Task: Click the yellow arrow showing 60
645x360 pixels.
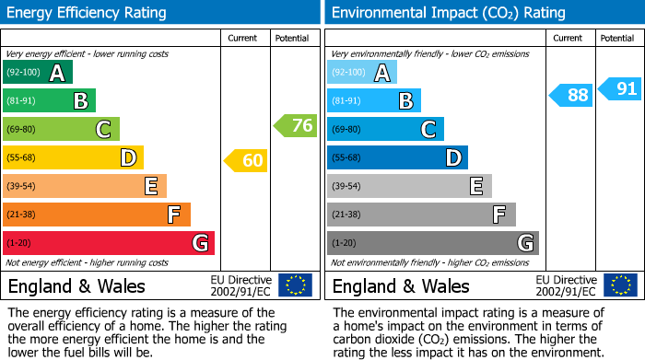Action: pos(246,160)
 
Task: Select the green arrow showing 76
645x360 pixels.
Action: pos(295,125)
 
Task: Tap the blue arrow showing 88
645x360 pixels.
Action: pos(570,96)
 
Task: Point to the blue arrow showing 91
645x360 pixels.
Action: pos(619,88)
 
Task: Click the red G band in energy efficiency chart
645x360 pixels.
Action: pos(109,243)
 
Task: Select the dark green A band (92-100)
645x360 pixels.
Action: pos(38,72)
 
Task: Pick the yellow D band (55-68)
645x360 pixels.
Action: pos(73,157)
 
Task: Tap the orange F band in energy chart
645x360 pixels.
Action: pos(97,215)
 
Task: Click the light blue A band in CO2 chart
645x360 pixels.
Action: pos(362,72)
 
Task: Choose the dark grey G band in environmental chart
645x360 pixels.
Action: pos(433,243)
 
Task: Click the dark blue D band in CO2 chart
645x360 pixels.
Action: pos(398,157)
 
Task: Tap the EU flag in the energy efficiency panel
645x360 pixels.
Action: pos(296,285)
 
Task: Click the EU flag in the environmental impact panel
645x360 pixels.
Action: pos(621,285)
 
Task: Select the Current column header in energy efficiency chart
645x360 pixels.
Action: pos(242,39)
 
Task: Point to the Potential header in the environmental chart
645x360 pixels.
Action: pos(617,39)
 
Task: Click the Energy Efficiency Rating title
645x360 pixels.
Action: pos(87,13)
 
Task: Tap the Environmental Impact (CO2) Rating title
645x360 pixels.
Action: pos(449,13)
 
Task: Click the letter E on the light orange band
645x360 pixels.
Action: pos(151,186)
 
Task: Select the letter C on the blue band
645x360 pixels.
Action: pos(428,130)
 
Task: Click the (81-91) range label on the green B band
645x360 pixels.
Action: pos(21,100)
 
